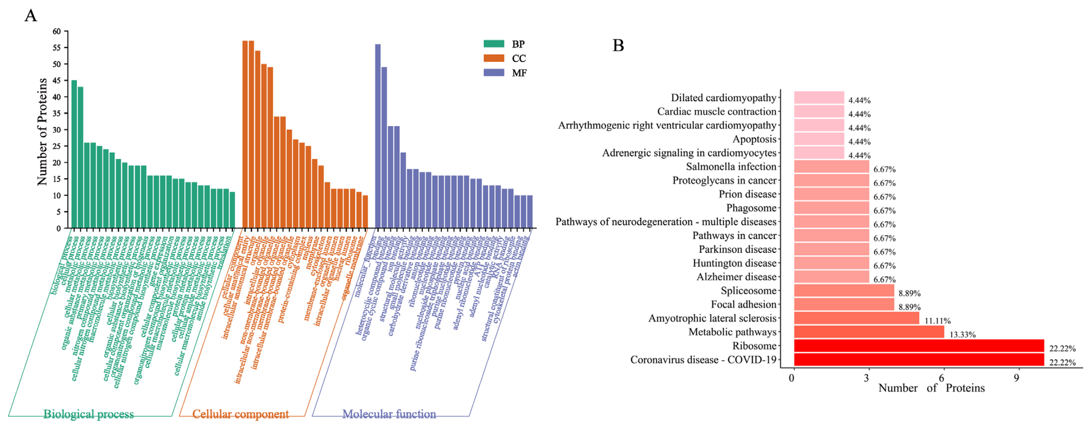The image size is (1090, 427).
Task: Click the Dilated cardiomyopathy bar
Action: (x=819, y=98)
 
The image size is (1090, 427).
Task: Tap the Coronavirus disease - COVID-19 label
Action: (x=703, y=360)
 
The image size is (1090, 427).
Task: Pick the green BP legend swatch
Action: (x=494, y=44)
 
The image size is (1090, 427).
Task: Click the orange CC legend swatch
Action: (x=494, y=58)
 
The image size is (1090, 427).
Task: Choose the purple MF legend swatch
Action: (x=494, y=72)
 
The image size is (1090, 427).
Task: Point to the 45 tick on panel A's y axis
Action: (x=57, y=80)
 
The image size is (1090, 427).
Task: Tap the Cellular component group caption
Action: (x=240, y=414)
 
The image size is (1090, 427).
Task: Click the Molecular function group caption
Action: (x=389, y=414)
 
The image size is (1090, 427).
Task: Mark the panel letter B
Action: (x=618, y=45)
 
